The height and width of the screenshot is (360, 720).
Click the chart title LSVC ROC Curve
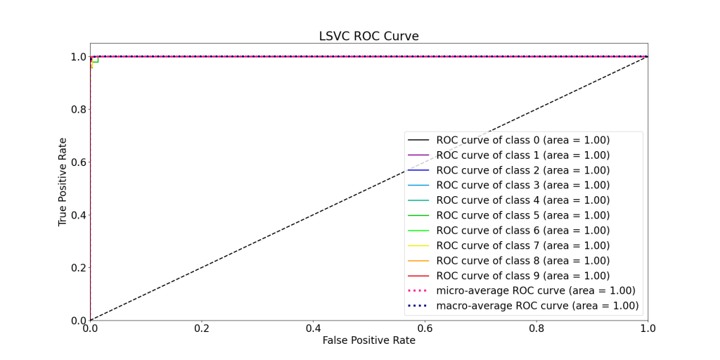click(x=369, y=36)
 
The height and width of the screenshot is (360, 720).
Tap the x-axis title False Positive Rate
click(x=368, y=340)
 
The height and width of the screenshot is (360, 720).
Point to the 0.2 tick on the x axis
click(x=202, y=328)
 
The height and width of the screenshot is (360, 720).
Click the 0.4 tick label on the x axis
click(x=313, y=328)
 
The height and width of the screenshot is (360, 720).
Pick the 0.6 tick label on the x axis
click(x=425, y=328)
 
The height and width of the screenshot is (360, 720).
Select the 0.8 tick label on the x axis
click(x=536, y=328)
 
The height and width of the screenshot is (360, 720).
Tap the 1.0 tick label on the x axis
click(x=648, y=328)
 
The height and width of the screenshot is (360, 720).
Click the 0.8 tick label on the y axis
click(x=77, y=110)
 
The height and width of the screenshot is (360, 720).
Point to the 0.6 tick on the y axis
click(x=77, y=162)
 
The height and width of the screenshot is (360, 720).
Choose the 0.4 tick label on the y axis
click(x=77, y=215)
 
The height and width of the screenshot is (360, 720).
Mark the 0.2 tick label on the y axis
click(x=77, y=268)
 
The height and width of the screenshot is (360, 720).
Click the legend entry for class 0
click(x=522, y=140)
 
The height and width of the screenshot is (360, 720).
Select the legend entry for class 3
click(x=522, y=185)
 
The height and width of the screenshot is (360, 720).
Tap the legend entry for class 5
click(x=522, y=215)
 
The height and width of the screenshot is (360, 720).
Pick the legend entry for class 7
click(x=522, y=245)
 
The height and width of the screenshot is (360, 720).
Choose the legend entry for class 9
click(x=522, y=276)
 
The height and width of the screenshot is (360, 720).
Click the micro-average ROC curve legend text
click(x=535, y=290)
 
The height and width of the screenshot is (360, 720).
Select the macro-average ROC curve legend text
click(x=537, y=306)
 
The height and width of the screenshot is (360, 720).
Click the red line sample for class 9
click(x=418, y=276)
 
